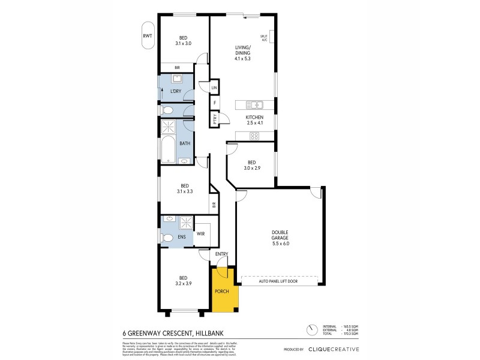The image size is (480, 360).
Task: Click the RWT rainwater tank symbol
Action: tap(148, 36)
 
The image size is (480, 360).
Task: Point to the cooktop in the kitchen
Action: tap(254, 136)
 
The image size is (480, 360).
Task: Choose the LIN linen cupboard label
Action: tap(214, 88)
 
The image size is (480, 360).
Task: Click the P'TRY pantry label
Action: tap(214, 119)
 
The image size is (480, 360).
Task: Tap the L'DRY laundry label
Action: tap(175, 91)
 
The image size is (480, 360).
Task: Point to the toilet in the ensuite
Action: tap(167, 238)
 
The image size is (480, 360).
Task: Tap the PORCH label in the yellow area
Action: tap(222, 292)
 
